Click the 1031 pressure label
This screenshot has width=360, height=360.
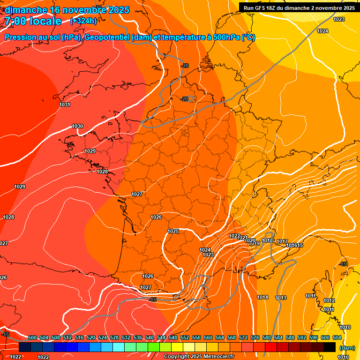(65, 105)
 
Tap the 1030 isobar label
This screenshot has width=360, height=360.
(77, 126)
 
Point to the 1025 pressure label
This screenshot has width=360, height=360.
(173, 231)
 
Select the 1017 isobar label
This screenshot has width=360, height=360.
(282, 241)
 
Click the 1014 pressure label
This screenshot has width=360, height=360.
(262, 298)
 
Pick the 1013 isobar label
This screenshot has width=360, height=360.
(281, 298)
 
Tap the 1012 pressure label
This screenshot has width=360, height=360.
(329, 300)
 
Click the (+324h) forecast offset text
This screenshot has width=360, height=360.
(83, 21)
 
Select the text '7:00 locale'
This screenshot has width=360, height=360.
(33, 21)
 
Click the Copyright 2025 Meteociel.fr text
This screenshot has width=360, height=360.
(199, 356)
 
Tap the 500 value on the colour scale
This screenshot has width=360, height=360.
(32, 337)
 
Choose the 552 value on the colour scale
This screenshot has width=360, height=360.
(185, 337)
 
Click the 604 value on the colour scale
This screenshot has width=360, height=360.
(337, 337)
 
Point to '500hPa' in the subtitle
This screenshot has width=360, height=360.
(225, 37)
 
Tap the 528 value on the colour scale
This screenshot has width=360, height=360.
(114, 337)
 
